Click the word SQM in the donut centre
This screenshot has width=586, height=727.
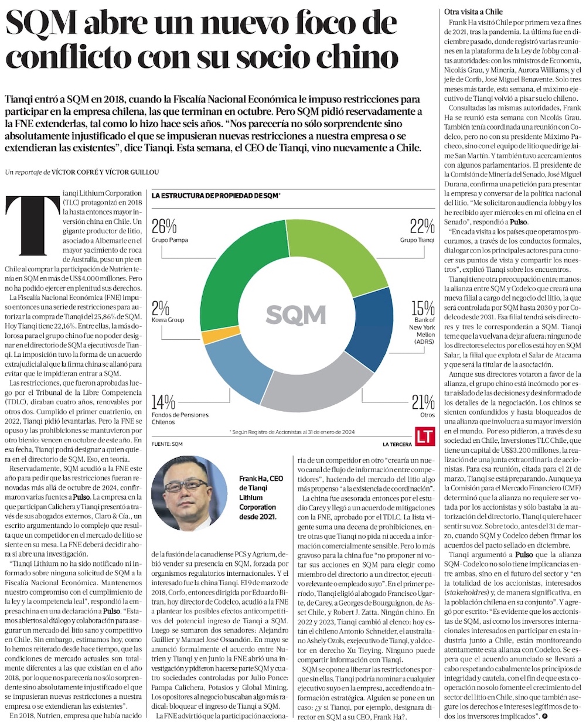coord(295,315)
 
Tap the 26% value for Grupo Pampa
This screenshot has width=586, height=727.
coord(164,226)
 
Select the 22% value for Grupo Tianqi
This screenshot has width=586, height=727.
coord(422,226)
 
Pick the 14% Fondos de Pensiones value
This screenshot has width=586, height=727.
coord(163,402)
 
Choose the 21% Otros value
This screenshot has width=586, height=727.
coord(423,402)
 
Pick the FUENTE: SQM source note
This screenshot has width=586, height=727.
coord(167,444)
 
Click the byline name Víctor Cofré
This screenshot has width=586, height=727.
coord(73,172)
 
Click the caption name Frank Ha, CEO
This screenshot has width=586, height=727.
coord(261,479)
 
